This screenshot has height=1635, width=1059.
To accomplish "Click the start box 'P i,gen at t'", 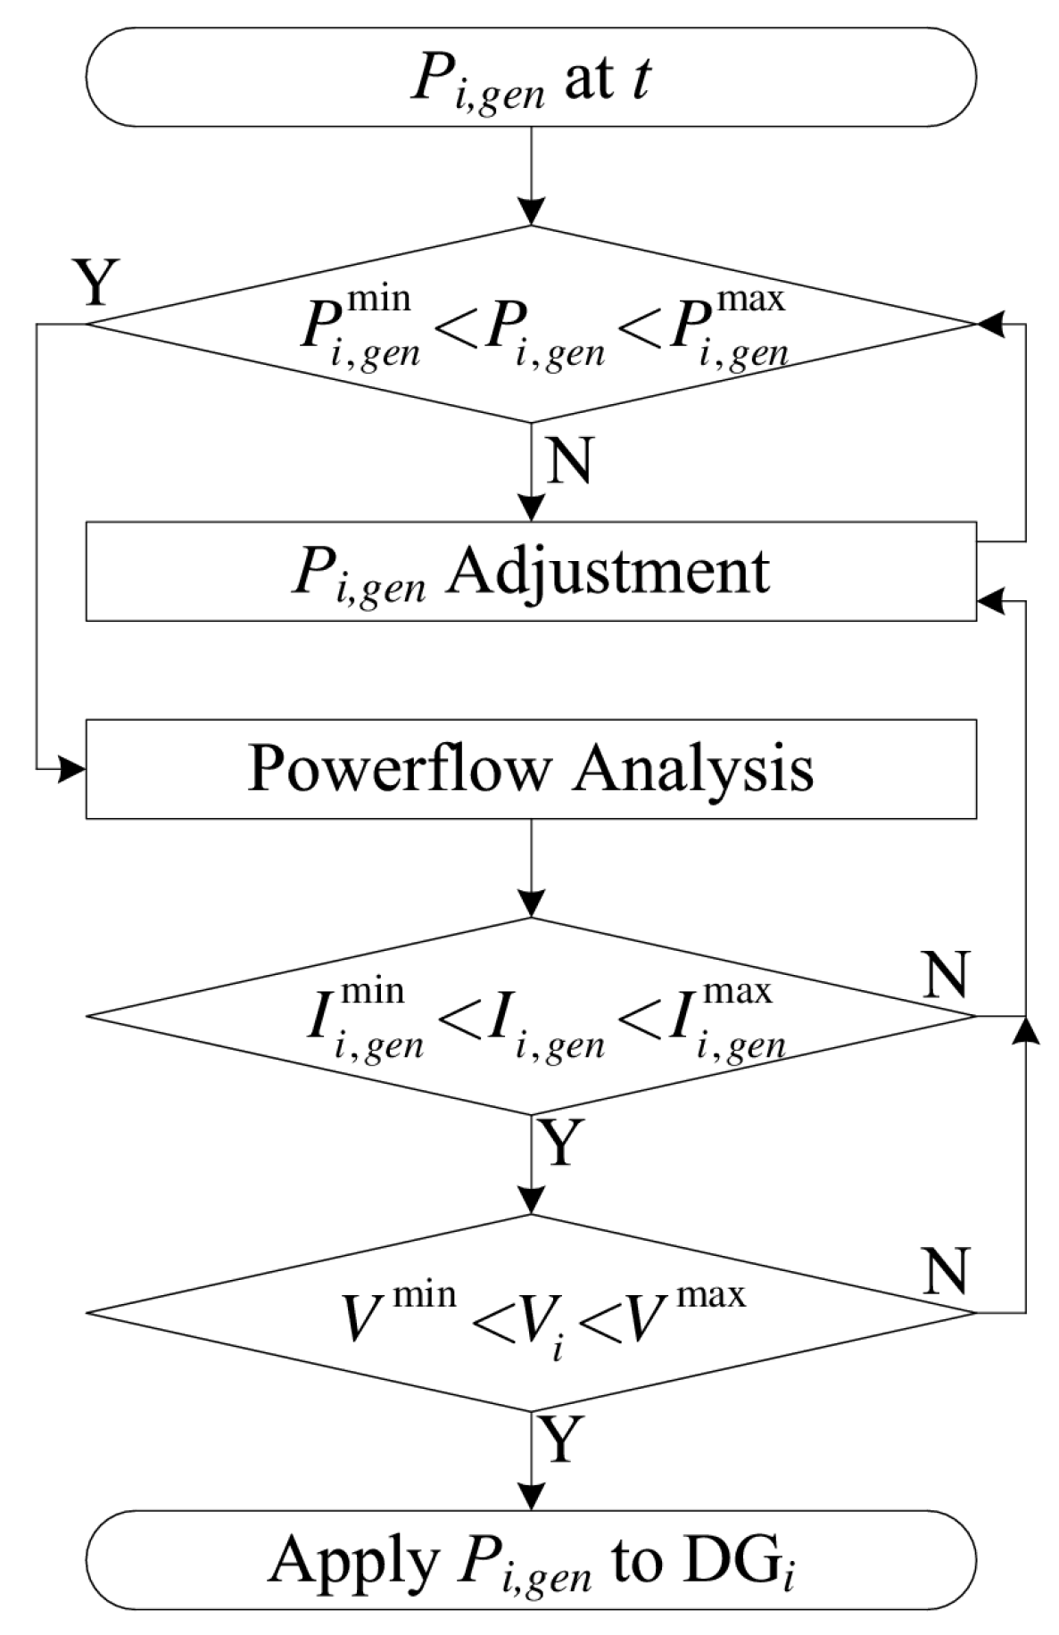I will click(530, 77).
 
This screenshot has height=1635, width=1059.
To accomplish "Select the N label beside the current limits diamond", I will click(946, 975).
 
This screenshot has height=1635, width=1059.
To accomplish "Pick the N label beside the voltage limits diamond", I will click(946, 1270).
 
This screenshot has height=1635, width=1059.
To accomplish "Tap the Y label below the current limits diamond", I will click(561, 1144).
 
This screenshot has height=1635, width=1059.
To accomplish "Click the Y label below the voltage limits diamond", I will click(561, 1440).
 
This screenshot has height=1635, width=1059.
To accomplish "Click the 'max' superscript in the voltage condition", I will click(711, 1293).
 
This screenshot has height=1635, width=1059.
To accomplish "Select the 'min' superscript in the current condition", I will click(373, 990).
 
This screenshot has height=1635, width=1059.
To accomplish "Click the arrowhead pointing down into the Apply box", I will click(531, 1498).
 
